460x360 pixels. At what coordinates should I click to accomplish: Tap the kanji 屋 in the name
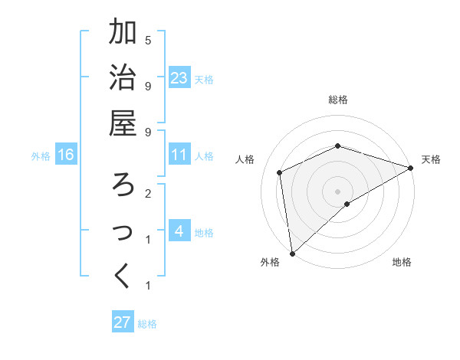click(123, 123)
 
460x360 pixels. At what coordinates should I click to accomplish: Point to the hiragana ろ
click(123, 185)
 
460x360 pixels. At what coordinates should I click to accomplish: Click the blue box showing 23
click(179, 78)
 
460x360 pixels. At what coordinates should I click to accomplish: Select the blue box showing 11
click(179, 155)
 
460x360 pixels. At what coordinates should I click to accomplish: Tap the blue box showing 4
click(179, 232)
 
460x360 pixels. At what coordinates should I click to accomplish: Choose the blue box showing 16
click(66, 155)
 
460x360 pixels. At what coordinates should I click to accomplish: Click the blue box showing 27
click(123, 322)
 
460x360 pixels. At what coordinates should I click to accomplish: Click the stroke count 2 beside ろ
click(148, 194)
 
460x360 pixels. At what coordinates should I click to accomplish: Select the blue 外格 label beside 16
click(41, 156)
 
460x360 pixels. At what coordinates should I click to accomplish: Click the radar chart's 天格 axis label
click(431, 159)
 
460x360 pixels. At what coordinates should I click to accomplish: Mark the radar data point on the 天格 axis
click(410, 169)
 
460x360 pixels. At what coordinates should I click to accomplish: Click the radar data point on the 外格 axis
click(292, 253)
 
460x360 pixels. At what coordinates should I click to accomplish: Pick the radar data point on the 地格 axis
click(347, 204)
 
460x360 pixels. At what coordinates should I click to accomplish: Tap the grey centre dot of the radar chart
click(337, 191)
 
